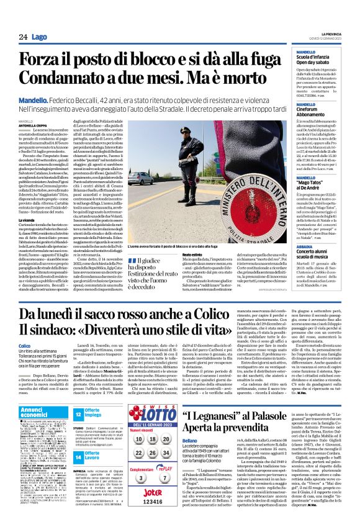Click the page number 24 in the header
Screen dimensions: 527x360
(23, 37)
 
